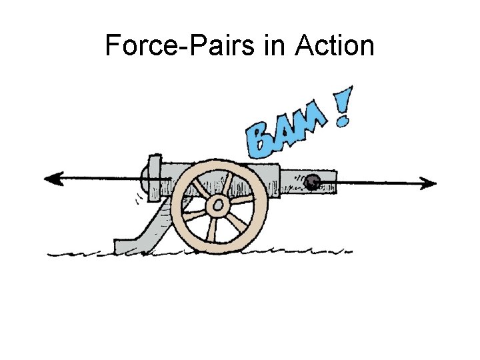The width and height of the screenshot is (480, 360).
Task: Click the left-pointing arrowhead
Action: click(x=52, y=178)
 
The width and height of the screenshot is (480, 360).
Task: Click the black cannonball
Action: click(x=312, y=180)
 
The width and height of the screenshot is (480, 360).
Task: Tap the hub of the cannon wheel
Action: click(x=217, y=205)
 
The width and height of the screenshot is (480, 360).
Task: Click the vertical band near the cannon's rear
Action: click(x=155, y=178)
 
